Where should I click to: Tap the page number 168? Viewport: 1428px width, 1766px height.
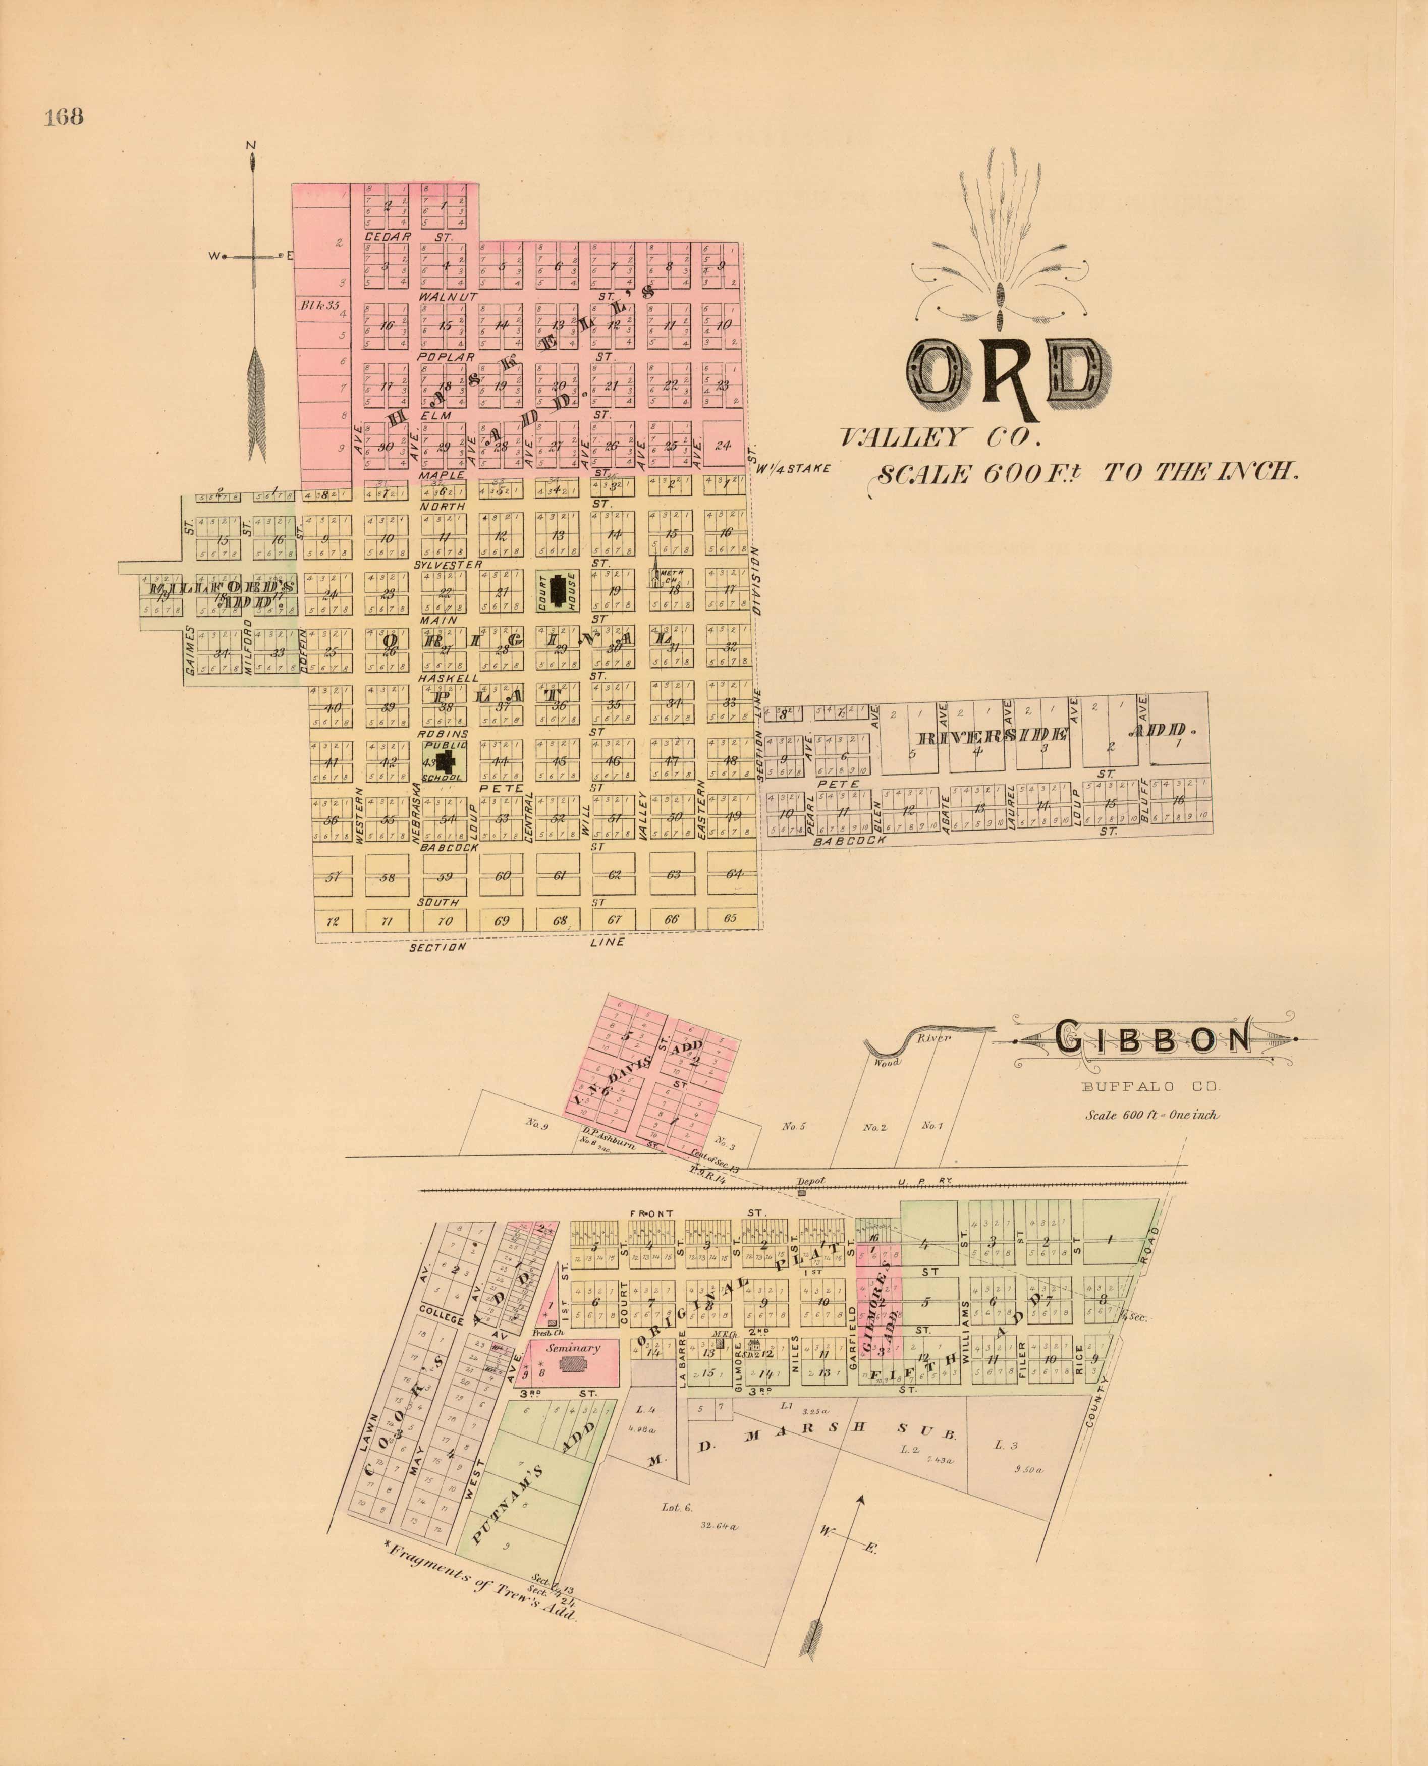[x=64, y=117]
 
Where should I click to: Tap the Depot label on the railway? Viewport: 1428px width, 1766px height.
[x=811, y=1181]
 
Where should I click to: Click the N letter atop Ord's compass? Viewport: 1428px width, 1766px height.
[x=252, y=146]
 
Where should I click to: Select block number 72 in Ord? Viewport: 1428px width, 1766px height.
[x=333, y=921]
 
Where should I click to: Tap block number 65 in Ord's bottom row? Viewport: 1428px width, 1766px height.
[x=730, y=918]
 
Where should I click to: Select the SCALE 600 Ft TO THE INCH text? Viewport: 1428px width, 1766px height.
[x=1087, y=474]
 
